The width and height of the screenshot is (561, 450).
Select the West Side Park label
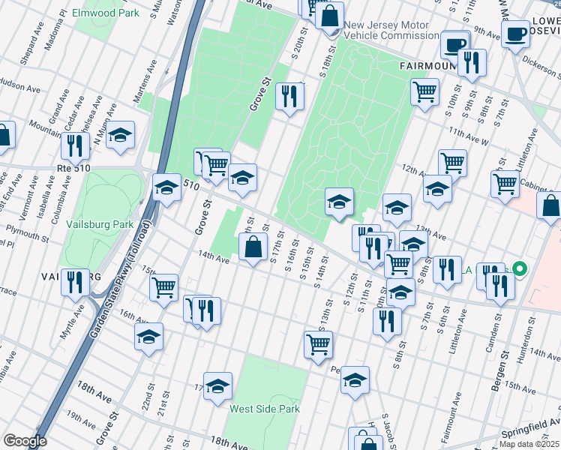[x=265, y=409]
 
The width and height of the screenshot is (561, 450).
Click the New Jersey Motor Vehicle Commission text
[x=387, y=30]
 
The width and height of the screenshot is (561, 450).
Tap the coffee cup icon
[x=515, y=34]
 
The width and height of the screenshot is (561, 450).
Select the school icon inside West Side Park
[x=217, y=386]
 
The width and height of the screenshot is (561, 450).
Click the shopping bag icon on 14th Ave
[x=255, y=245]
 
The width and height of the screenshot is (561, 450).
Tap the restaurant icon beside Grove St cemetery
[x=289, y=95]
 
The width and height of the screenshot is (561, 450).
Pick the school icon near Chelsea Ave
[x=120, y=135]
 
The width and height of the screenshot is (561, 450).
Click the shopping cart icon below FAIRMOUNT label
[x=424, y=91]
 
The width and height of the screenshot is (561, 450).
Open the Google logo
[x=25, y=441]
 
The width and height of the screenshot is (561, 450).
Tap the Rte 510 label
[x=73, y=168]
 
